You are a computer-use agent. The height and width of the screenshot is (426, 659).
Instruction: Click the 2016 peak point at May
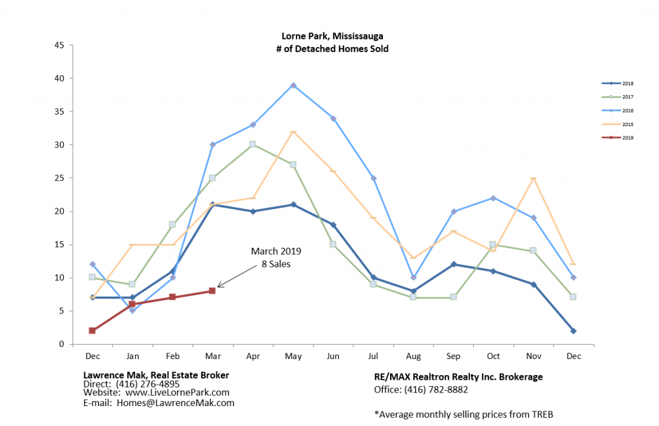(293, 85)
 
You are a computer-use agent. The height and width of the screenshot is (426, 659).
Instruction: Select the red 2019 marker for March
(212, 291)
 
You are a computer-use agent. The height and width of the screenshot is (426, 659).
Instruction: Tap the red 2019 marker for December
(92, 331)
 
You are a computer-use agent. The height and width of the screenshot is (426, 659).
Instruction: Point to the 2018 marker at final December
(573, 331)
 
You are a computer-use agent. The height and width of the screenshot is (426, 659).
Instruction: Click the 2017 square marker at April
(253, 144)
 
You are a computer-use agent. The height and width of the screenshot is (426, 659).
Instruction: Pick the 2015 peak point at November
(533, 178)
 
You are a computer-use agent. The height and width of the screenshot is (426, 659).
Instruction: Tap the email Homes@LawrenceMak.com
(175, 403)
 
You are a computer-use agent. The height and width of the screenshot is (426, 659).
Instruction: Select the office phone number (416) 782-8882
(440, 389)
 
